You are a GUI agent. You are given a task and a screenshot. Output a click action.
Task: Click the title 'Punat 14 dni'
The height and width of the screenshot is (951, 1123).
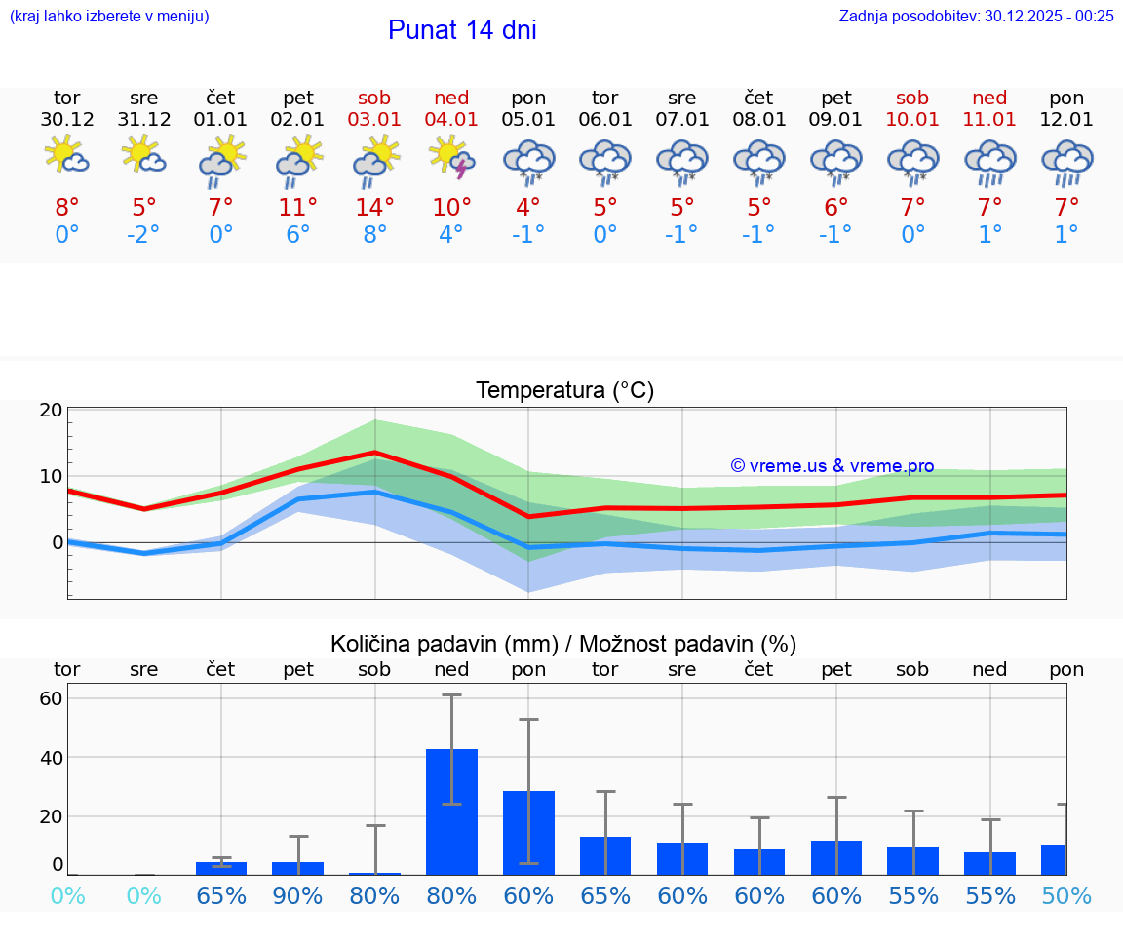click(x=462, y=30)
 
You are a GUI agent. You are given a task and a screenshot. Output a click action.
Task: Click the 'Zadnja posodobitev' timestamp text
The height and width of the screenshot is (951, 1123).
click(x=976, y=16)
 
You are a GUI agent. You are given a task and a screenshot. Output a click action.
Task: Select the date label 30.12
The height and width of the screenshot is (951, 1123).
click(x=67, y=120)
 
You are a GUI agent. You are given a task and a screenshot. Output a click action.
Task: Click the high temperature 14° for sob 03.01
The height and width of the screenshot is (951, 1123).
click(x=375, y=208)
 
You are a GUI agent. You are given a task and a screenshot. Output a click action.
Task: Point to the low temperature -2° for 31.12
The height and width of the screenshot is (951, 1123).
click(x=143, y=235)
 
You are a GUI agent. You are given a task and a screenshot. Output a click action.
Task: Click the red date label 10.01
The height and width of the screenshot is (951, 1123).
click(x=913, y=120)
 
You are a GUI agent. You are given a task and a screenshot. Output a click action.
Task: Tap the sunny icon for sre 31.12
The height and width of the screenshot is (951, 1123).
click(x=143, y=155)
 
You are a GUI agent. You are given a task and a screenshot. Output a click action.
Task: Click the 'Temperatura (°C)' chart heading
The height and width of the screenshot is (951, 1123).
click(x=564, y=391)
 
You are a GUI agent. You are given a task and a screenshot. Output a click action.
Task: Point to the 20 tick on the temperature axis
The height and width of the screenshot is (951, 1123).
click(x=52, y=411)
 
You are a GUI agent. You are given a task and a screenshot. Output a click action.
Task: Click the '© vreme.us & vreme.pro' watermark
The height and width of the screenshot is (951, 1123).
click(x=833, y=466)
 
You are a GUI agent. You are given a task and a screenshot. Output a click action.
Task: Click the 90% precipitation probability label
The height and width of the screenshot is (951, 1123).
click(x=298, y=896)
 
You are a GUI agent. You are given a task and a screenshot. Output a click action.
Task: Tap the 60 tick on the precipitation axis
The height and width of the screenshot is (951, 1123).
click(x=52, y=698)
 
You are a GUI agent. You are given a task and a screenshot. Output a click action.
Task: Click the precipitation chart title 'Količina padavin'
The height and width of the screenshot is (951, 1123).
click(x=563, y=644)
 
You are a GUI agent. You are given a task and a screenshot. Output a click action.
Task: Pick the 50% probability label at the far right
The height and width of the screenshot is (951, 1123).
click(x=1066, y=896)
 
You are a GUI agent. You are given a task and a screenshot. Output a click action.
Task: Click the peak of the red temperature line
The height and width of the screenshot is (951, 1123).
click(x=375, y=453)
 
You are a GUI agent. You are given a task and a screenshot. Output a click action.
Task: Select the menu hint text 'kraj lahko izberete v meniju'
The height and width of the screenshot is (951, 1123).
click(x=109, y=16)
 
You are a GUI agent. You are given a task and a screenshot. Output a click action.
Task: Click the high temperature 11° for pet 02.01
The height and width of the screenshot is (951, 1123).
click(x=298, y=208)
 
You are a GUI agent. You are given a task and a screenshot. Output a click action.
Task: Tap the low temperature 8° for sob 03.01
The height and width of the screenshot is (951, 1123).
click(x=375, y=235)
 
